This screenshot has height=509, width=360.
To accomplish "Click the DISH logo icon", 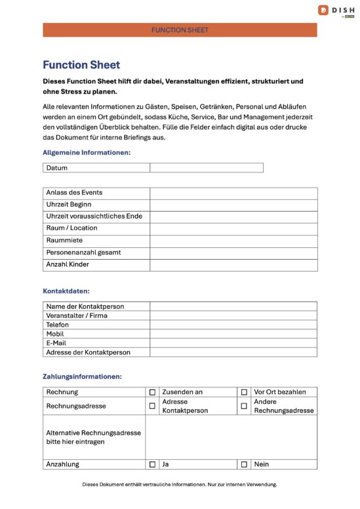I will point(323,10).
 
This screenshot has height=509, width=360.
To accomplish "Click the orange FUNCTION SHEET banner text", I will point(180,30).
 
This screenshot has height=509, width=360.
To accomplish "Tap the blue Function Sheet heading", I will point(81,65).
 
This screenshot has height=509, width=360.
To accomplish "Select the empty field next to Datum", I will point(206,168).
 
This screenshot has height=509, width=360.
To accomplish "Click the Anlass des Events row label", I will point(74,193).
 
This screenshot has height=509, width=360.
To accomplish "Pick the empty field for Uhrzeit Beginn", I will point(233,205).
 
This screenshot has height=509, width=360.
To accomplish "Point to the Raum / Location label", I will point(71,228).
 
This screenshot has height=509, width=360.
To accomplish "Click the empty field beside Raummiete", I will point(233,241).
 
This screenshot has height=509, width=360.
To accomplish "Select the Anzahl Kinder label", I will point(68,264).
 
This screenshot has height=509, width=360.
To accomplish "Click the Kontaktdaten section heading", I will point(66,291).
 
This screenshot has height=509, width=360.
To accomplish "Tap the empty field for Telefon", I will point(233,325).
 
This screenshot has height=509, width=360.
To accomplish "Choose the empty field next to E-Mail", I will point(233,343).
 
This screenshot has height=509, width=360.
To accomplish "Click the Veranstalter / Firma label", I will point(77,316).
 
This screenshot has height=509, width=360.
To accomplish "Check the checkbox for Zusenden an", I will point(152,392).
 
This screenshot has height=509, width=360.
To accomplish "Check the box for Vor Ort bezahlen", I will point(244,392).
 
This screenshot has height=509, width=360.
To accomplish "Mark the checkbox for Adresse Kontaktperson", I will point(152,406).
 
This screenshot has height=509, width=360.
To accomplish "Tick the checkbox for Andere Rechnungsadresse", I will point(244,406).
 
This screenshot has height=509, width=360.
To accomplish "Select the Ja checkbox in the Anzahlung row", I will point(152,464).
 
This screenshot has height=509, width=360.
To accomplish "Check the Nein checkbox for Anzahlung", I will point(244,464).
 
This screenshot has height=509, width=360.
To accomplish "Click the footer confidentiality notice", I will point(180,485).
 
